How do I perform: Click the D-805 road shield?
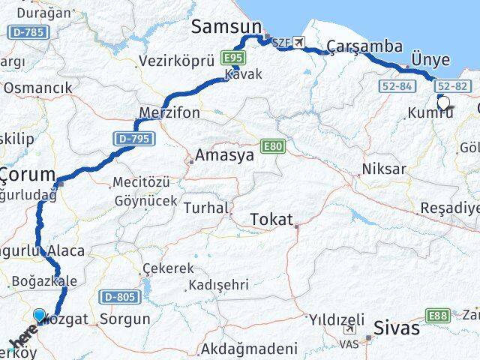(x=118, y=297)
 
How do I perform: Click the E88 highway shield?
(x=439, y=316)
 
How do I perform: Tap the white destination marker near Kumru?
(x=443, y=103)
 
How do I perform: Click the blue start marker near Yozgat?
(x=40, y=316)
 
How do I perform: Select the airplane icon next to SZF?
(x=300, y=42)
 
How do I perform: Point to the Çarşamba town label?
(x=369, y=46)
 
